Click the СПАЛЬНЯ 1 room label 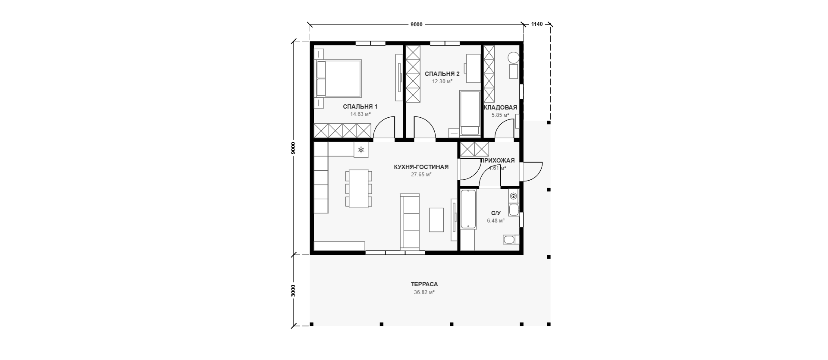pos(360,106)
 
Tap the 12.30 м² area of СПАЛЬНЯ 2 pos(442,81)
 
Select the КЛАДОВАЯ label pos(500,107)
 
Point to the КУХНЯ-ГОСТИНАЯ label pos(421,167)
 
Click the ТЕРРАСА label pos(424,284)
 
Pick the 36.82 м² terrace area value pos(424,292)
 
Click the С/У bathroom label pos(496,213)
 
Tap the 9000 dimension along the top pos(416,25)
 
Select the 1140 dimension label pos(536,24)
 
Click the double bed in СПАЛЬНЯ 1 pos(339,78)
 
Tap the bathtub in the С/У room pos(468,210)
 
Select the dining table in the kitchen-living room pos(358,189)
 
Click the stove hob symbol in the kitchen pos(361,150)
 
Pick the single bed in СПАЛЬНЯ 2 pos(470,113)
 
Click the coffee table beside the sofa pos(436,220)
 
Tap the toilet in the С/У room pos(509,240)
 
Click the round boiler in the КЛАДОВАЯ pos(513,57)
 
